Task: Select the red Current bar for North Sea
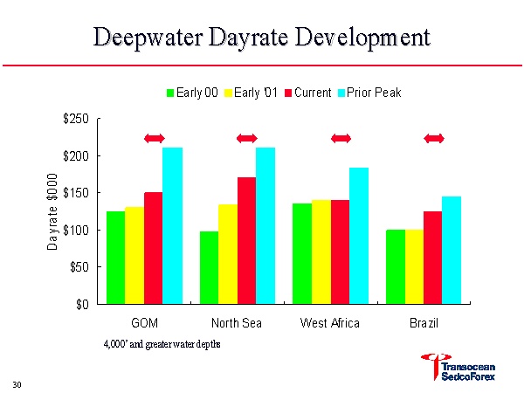pyautogui.click(x=246, y=240)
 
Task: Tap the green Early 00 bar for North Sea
pyautogui.click(x=209, y=267)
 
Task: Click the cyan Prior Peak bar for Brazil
pyautogui.click(x=452, y=250)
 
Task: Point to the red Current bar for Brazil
pyautogui.click(x=432, y=258)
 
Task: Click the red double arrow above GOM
pyautogui.click(x=154, y=138)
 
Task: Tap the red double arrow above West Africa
pyautogui.click(x=341, y=138)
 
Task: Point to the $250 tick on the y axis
pyautogui.click(x=75, y=119)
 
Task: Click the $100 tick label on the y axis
pyautogui.click(x=75, y=230)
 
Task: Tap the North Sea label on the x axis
pyautogui.click(x=238, y=323)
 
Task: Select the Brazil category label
pyautogui.click(x=424, y=323)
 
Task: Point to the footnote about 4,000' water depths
pyautogui.click(x=162, y=343)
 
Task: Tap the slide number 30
pyautogui.click(x=17, y=384)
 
